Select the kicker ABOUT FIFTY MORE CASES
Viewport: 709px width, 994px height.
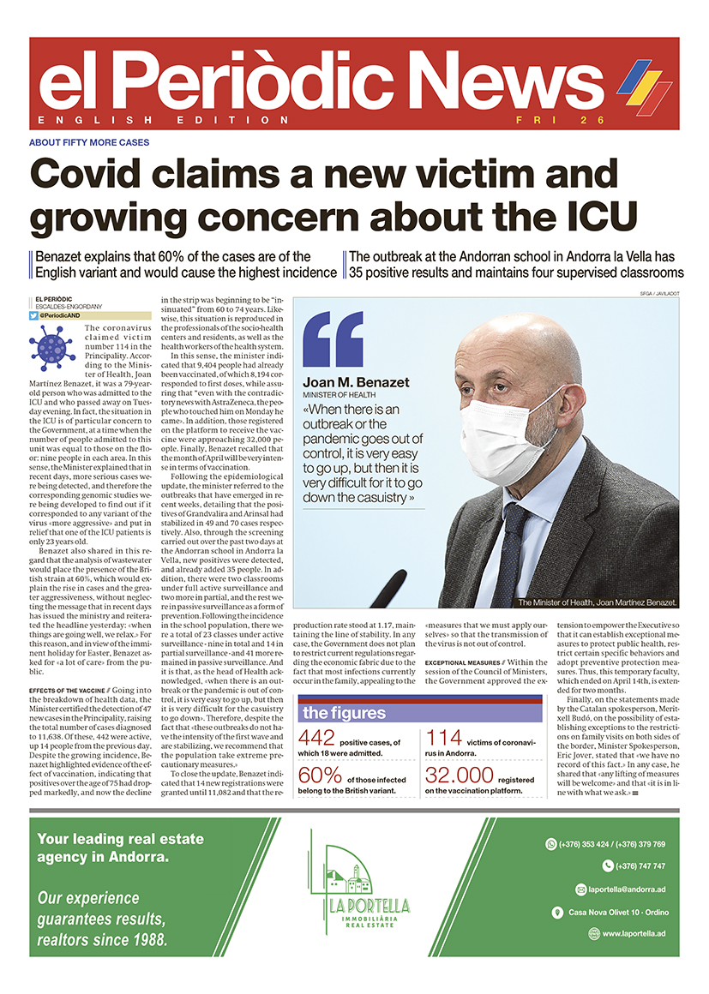pyautogui.click(x=89, y=142)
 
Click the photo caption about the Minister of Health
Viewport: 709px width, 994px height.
pyautogui.click(x=598, y=602)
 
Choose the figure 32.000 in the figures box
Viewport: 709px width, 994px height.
pyautogui.click(x=460, y=776)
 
